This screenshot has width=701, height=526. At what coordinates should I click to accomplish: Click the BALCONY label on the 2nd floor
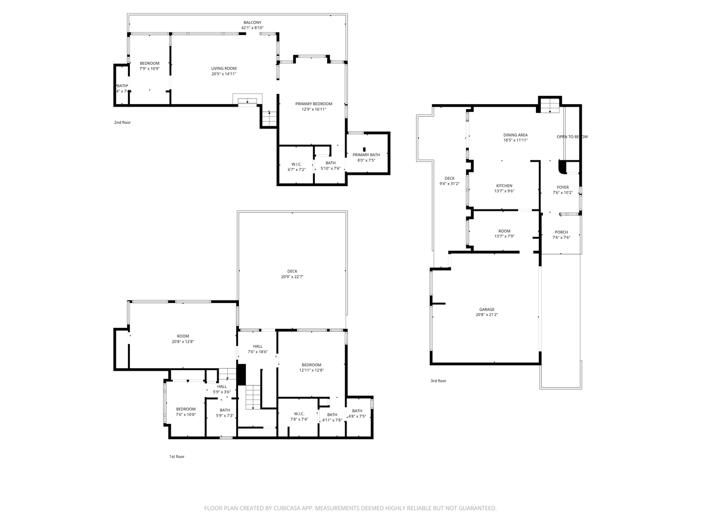coord(252,22)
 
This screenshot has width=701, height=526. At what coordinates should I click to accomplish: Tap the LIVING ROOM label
coord(223,69)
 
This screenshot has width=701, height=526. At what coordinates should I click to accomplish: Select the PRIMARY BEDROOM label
coord(314,104)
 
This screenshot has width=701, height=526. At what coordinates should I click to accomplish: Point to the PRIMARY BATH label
coord(366,155)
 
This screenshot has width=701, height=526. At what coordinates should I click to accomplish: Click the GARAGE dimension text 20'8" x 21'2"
coord(487,315)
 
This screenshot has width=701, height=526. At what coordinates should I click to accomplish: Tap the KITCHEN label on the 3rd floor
coord(504,186)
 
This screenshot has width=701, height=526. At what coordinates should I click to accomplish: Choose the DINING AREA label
coord(515,135)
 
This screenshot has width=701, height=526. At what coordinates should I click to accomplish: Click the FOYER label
coord(562,187)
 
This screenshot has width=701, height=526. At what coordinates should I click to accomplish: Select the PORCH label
coord(561,232)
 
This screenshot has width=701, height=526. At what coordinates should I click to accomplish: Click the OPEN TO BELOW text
coord(572,137)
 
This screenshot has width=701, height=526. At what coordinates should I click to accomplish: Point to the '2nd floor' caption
coord(122,123)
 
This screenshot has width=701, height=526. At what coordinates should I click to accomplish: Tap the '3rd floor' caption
coord(438,381)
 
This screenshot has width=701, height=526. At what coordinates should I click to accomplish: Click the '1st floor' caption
coord(177,457)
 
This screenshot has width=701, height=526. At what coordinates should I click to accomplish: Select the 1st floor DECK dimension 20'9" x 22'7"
coord(292,277)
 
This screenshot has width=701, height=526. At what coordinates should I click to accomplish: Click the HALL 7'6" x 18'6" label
coord(258,346)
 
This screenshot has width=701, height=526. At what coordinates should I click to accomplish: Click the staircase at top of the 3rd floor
coord(550,105)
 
